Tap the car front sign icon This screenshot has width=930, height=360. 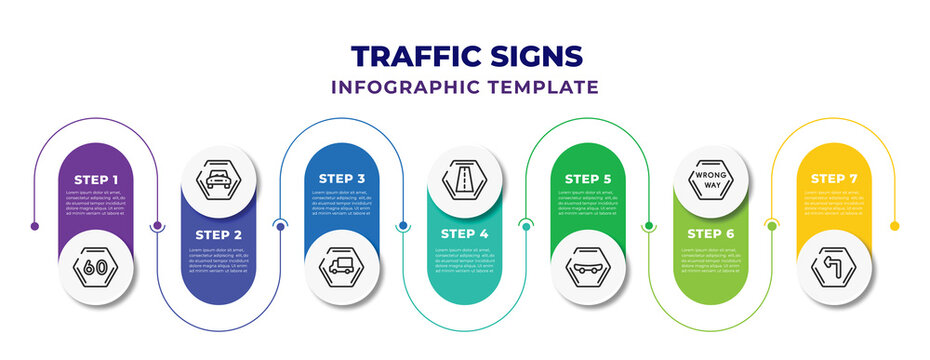(x=219, y=180)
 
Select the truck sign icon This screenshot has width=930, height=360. (x=342, y=267)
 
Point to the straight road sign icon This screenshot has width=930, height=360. (x=465, y=180)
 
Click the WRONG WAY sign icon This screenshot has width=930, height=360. (x=711, y=180)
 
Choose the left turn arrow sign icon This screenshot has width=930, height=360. (x=834, y=267)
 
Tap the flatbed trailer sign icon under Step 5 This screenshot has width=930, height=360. (x=588, y=267)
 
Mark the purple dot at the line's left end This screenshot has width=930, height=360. (x=35, y=226)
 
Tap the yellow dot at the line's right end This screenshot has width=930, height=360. (x=894, y=226)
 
